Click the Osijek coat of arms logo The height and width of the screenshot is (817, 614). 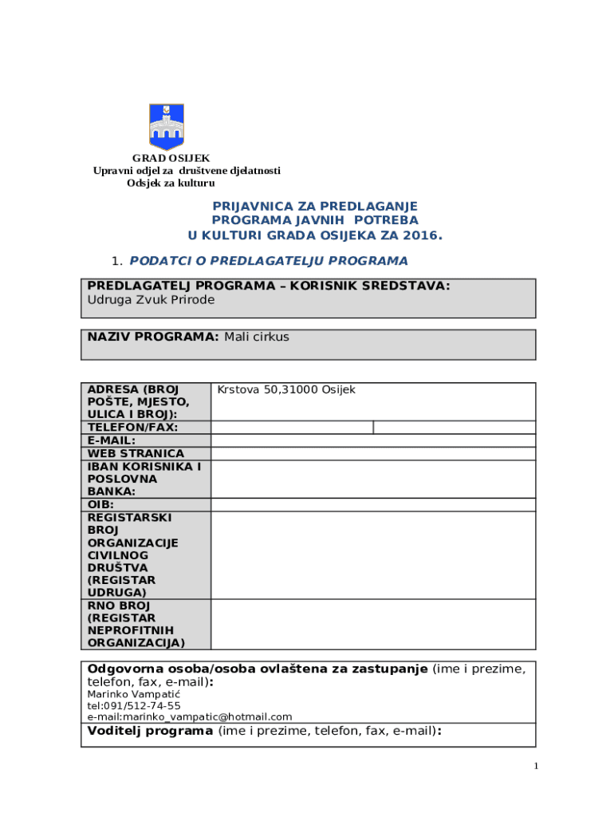(x=166, y=126)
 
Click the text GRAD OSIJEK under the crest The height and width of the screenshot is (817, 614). (x=171, y=158)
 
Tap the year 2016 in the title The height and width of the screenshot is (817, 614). (x=422, y=235)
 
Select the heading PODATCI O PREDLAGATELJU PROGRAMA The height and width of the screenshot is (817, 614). (x=269, y=261)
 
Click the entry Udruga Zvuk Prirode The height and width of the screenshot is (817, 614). (x=151, y=300)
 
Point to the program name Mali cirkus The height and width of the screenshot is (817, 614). (x=256, y=337)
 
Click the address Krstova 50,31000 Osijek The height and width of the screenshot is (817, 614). (x=286, y=389)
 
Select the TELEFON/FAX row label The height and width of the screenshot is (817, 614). (x=132, y=428)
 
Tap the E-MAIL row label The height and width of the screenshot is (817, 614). (x=112, y=440)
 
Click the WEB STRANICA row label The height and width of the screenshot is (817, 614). (x=136, y=453)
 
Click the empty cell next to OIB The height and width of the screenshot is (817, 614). (x=372, y=504)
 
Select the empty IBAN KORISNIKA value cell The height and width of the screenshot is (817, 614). (x=372, y=479)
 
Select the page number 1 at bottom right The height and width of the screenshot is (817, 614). (x=537, y=767)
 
